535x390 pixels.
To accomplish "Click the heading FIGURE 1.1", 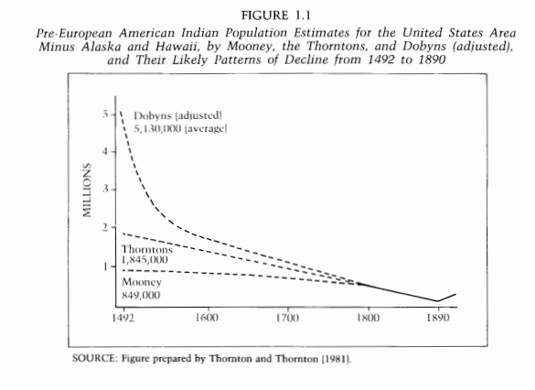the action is pyautogui.click(x=275, y=16).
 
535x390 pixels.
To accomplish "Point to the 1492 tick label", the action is pyautogui.click(x=123, y=318).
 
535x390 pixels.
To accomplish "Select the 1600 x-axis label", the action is pyautogui.click(x=207, y=318).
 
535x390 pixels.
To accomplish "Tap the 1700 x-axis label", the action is pyautogui.click(x=287, y=318).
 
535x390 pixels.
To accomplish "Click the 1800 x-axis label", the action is pyautogui.click(x=368, y=318).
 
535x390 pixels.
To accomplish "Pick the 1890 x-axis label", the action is pyautogui.click(x=438, y=318).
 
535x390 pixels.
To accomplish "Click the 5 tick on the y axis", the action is pyautogui.click(x=105, y=114).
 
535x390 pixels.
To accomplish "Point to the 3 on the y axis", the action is pyautogui.click(x=105, y=189).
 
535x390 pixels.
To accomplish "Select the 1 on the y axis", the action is pyautogui.click(x=106, y=266).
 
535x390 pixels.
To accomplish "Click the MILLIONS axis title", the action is pyautogui.click(x=87, y=190).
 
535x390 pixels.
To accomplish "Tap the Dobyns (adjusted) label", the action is pyautogui.click(x=177, y=115).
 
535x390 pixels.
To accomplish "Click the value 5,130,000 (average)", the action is pyautogui.click(x=180, y=129).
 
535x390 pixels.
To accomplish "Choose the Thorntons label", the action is pyautogui.click(x=147, y=249).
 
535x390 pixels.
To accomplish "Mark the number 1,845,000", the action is pyautogui.click(x=144, y=260).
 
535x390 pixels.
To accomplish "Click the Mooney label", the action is pyautogui.click(x=142, y=282).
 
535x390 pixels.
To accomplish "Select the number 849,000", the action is pyautogui.click(x=141, y=295).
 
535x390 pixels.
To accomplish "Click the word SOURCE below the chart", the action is pyautogui.click(x=94, y=359).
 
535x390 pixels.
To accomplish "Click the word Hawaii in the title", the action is pyautogui.click(x=177, y=46).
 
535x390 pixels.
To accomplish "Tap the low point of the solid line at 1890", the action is pyautogui.click(x=438, y=301).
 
